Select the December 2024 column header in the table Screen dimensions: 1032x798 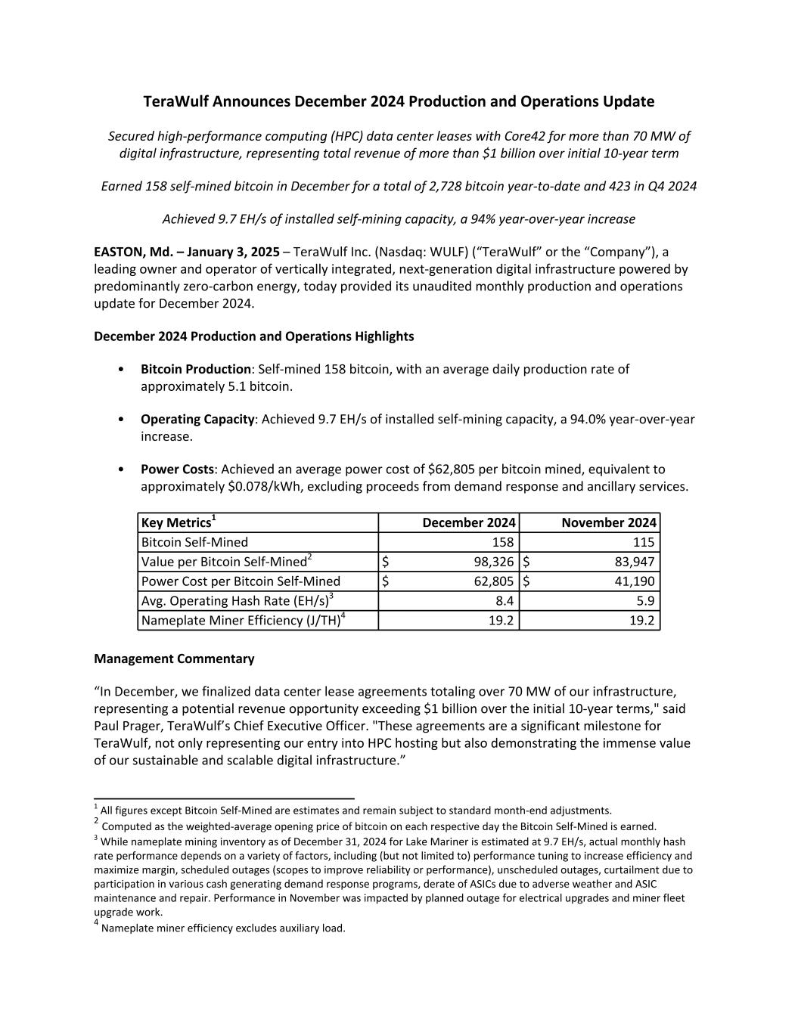pyautogui.click(x=469, y=522)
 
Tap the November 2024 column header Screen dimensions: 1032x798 pyautogui.click(x=609, y=522)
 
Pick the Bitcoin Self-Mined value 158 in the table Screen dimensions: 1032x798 pyautogui.click(x=503, y=542)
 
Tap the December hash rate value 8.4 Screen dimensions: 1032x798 pyautogui.click(x=505, y=601)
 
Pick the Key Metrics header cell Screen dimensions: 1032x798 pyautogui.click(x=179, y=522)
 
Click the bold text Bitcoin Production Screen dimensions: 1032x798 pyautogui.click(x=196, y=369)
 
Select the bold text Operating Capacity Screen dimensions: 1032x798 pyautogui.click(x=197, y=419)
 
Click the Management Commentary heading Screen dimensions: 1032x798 pyautogui.click(x=174, y=659)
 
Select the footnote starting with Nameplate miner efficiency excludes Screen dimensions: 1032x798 pyautogui.click(x=223, y=928)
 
